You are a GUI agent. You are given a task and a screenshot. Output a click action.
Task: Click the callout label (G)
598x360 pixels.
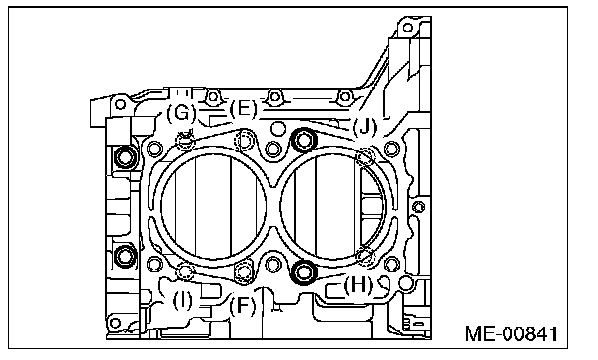[x=181, y=113]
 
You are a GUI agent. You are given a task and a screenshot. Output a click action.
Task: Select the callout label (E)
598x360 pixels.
[x=244, y=109]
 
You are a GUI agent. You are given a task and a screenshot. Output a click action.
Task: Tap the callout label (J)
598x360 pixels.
[x=364, y=127]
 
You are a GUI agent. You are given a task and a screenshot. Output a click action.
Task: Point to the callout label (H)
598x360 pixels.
[x=358, y=284]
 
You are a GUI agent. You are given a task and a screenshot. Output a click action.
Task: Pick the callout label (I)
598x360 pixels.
[x=183, y=301]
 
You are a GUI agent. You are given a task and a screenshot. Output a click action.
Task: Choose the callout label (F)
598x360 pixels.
[x=243, y=306]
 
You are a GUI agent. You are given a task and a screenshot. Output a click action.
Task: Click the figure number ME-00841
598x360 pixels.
[x=511, y=333]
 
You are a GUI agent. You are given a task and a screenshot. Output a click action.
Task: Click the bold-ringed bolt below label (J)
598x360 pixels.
[x=304, y=140]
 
